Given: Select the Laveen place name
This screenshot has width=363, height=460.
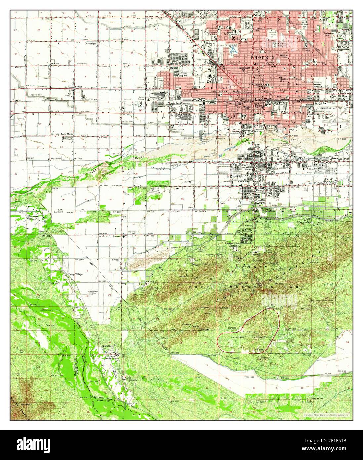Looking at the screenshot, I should point(117,237).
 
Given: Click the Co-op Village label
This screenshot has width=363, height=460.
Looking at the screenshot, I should point(75,274).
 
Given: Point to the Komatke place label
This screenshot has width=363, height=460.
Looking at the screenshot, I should point(108,346).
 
